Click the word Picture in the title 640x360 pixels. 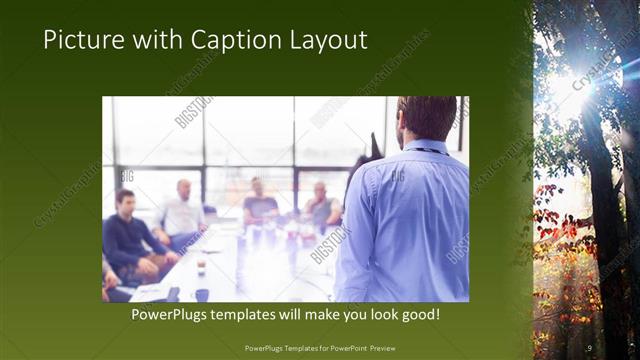(82, 40)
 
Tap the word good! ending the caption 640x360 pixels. (418, 315)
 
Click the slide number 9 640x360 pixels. (589, 347)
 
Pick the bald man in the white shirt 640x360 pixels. (182, 212)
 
